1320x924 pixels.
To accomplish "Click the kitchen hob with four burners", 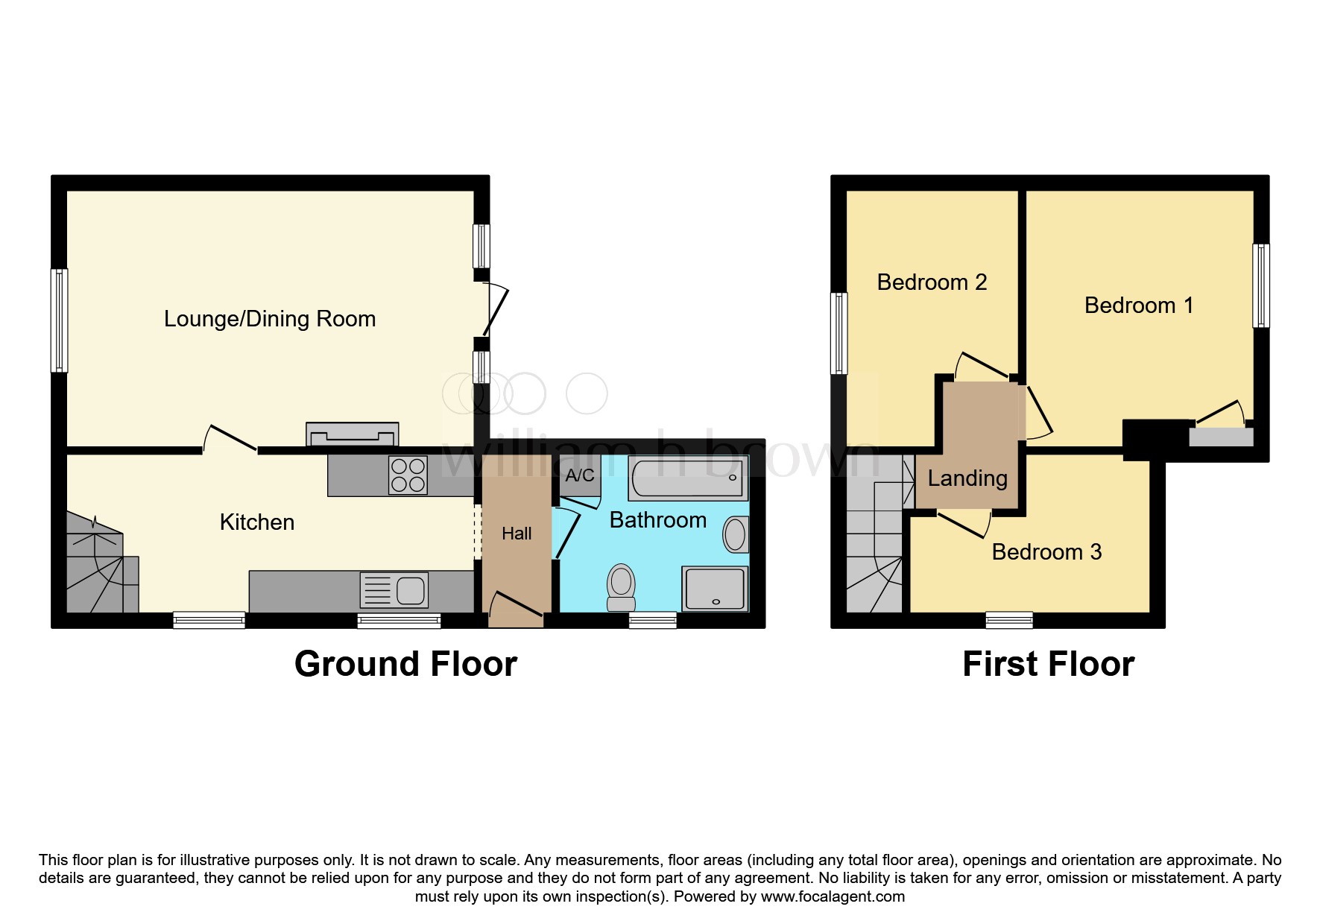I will tap(408, 475).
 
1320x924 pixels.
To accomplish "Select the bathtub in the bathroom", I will tap(688, 478).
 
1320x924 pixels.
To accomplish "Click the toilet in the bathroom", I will tap(621, 586).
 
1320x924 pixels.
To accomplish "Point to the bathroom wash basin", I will tap(736, 534).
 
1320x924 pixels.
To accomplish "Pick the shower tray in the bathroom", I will tap(714, 589).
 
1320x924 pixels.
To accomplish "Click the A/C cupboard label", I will tap(580, 475).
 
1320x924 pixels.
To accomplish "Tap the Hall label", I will tap(517, 534).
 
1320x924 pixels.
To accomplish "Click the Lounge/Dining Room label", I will tap(270, 319).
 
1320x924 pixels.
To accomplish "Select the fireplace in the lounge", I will tap(352, 434).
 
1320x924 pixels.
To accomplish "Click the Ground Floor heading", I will tap(405, 664).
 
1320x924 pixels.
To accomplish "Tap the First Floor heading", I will tap(1048, 664).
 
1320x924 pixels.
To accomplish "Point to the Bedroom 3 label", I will tap(1046, 552).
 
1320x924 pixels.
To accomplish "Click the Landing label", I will tap(967, 478).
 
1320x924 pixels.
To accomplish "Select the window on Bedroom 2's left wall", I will tap(839, 333).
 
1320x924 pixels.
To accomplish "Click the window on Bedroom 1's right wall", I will tap(1260, 285).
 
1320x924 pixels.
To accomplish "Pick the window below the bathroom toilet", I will tap(653, 620).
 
